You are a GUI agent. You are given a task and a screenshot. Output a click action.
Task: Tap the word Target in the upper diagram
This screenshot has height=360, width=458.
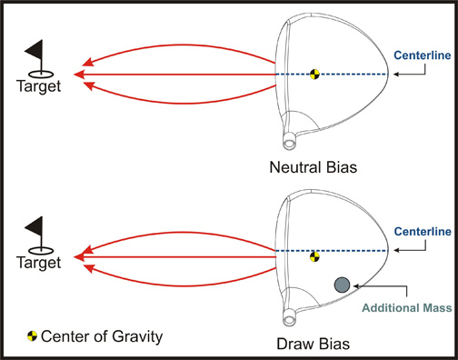[39, 86]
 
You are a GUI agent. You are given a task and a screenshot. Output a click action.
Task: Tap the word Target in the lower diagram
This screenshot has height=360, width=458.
[39, 263]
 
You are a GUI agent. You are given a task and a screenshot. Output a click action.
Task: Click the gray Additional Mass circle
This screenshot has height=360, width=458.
[343, 285]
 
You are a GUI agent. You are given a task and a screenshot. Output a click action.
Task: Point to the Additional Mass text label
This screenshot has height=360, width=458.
[408, 307]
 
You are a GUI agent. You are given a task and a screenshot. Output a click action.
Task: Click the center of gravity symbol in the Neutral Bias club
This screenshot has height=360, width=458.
[314, 74]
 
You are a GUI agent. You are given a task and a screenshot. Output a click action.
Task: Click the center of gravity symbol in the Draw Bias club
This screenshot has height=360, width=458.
[314, 257]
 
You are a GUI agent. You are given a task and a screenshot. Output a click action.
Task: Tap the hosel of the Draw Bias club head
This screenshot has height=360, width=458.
[290, 318]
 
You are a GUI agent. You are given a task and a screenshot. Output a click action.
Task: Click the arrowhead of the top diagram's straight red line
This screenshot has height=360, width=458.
[79, 74]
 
